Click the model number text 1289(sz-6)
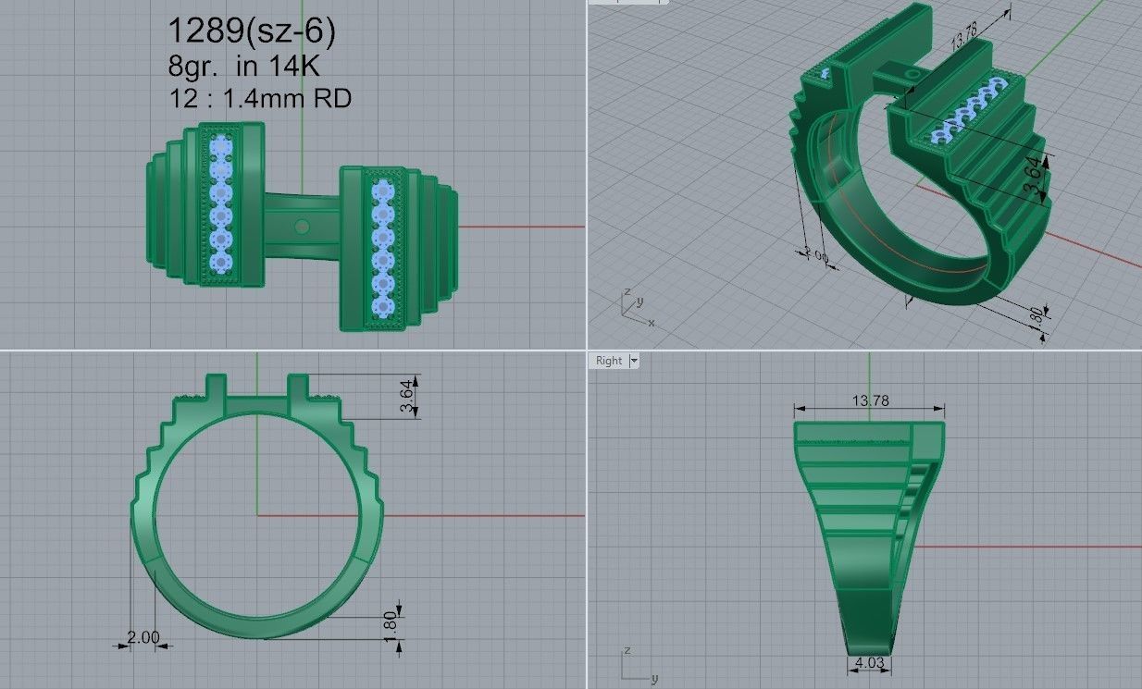click(x=251, y=31)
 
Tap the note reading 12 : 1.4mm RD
click(x=259, y=98)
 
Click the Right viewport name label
click(x=609, y=361)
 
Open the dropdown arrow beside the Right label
click(x=634, y=361)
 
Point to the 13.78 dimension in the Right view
click(x=868, y=400)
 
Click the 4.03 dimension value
click(x=870, y=663)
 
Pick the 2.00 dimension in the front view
click(x=143, y=637)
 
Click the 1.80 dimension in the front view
click(x=389, y=622)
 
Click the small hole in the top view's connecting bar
click(x=301, y=226)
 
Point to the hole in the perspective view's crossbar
click(x=912, y=73)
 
